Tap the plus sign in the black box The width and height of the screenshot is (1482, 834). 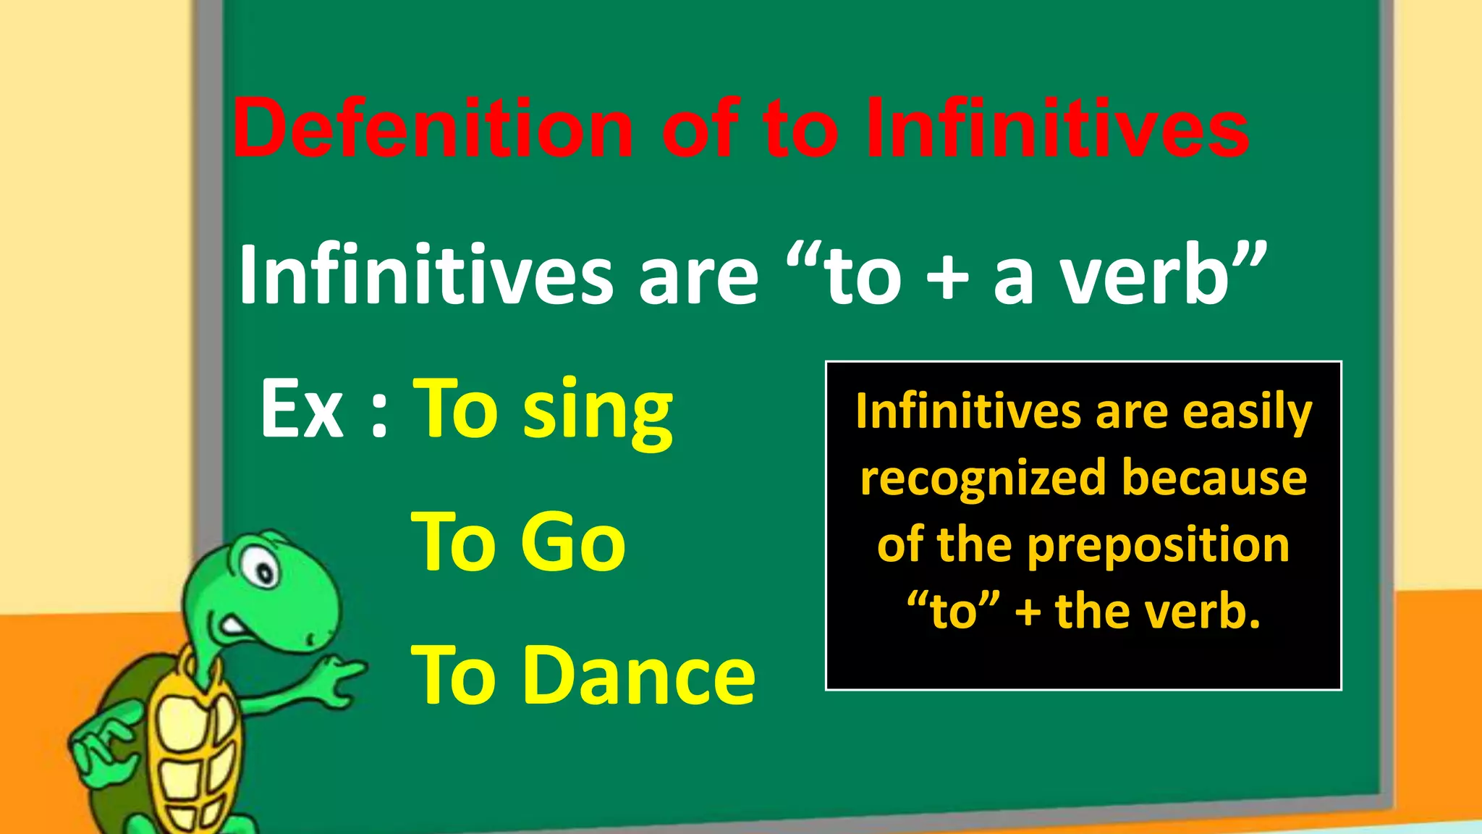1028,612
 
